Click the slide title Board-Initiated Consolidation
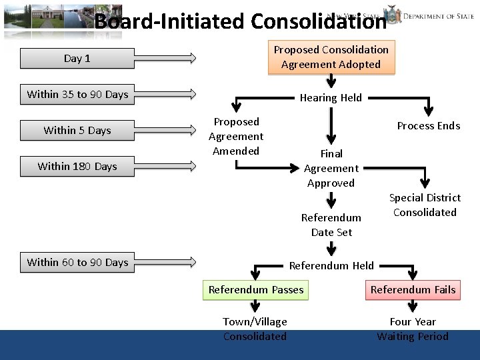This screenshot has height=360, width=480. pyautogui.click(x=240, y=21)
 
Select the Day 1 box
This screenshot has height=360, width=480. pyautogui.click(x=77, y=59)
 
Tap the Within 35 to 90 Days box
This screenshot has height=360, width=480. pyautogui.click(x=77, y=95)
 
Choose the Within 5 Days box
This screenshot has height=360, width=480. pyautogui.click(x=77, y=131)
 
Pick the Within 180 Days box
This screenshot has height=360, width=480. pyautogui.click(x=77, y=167)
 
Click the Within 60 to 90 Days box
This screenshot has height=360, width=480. pyautogui.click(x=77, y=263)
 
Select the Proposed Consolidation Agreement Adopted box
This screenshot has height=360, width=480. pyautogui.click(x=331, y=57)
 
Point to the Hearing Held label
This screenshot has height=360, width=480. pyautogui.click(x=331, y=98)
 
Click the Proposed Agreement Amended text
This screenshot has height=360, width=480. pyautogui.click(x=236, y=137)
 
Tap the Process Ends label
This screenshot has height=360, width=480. pyautogui.click(x=429, y=126)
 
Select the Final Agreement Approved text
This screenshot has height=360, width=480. pyautogui.click(x=331, y=169)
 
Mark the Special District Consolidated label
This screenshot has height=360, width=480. pyautogui.click(x=425, y=205)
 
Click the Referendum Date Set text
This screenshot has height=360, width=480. pyautogui.click(x=331, y=225)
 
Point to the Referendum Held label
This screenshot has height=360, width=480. pyautogui.click(x=331, y=266)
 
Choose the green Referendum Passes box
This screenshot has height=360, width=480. pyautogui.click(x=256, y=290)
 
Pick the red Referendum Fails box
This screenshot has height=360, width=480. pyautogui.click(x=413, y=290)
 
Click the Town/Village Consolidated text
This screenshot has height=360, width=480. pyautogui.click(x=255, y=329)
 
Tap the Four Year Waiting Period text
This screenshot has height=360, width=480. pyautogui.click(x=413, y=329)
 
